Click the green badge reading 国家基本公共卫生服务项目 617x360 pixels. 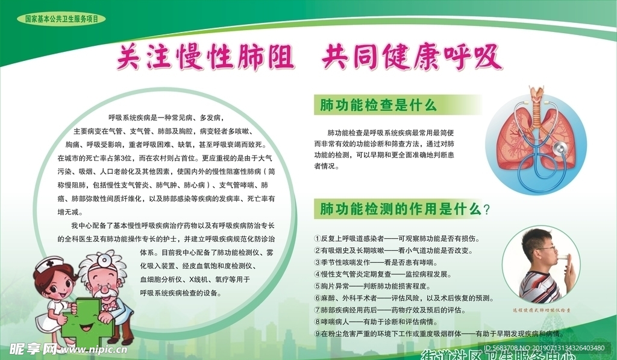[61, 19]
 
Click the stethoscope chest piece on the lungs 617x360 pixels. [560, 148]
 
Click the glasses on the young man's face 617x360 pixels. [545, 248]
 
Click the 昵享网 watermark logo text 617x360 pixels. [33, 350]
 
